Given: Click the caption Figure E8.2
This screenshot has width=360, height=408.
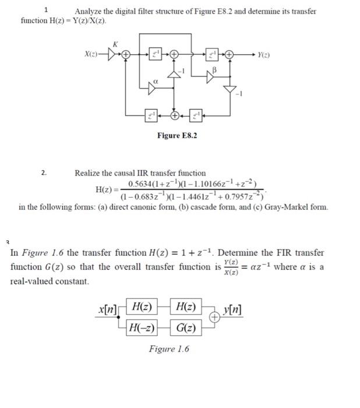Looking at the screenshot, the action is point(177,135).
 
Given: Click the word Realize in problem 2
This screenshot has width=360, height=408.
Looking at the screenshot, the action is point(88,173).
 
